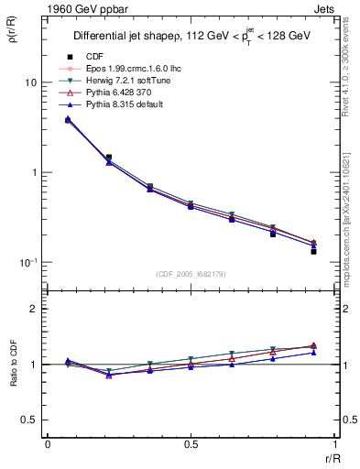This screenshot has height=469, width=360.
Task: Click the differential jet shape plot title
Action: coord(192,36)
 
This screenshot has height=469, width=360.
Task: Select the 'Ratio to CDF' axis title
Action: coord(12,378)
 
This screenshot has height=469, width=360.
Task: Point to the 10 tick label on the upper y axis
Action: coord(30,82)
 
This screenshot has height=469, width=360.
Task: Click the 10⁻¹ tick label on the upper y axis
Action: coord(28,262)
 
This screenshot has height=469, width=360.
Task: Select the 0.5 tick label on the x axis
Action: coord(191,446)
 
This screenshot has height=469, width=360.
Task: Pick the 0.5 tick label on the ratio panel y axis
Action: coord(30,420)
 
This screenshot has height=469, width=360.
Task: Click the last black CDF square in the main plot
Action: coord(313,251)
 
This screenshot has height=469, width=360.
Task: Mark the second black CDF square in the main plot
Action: coord(109,158)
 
